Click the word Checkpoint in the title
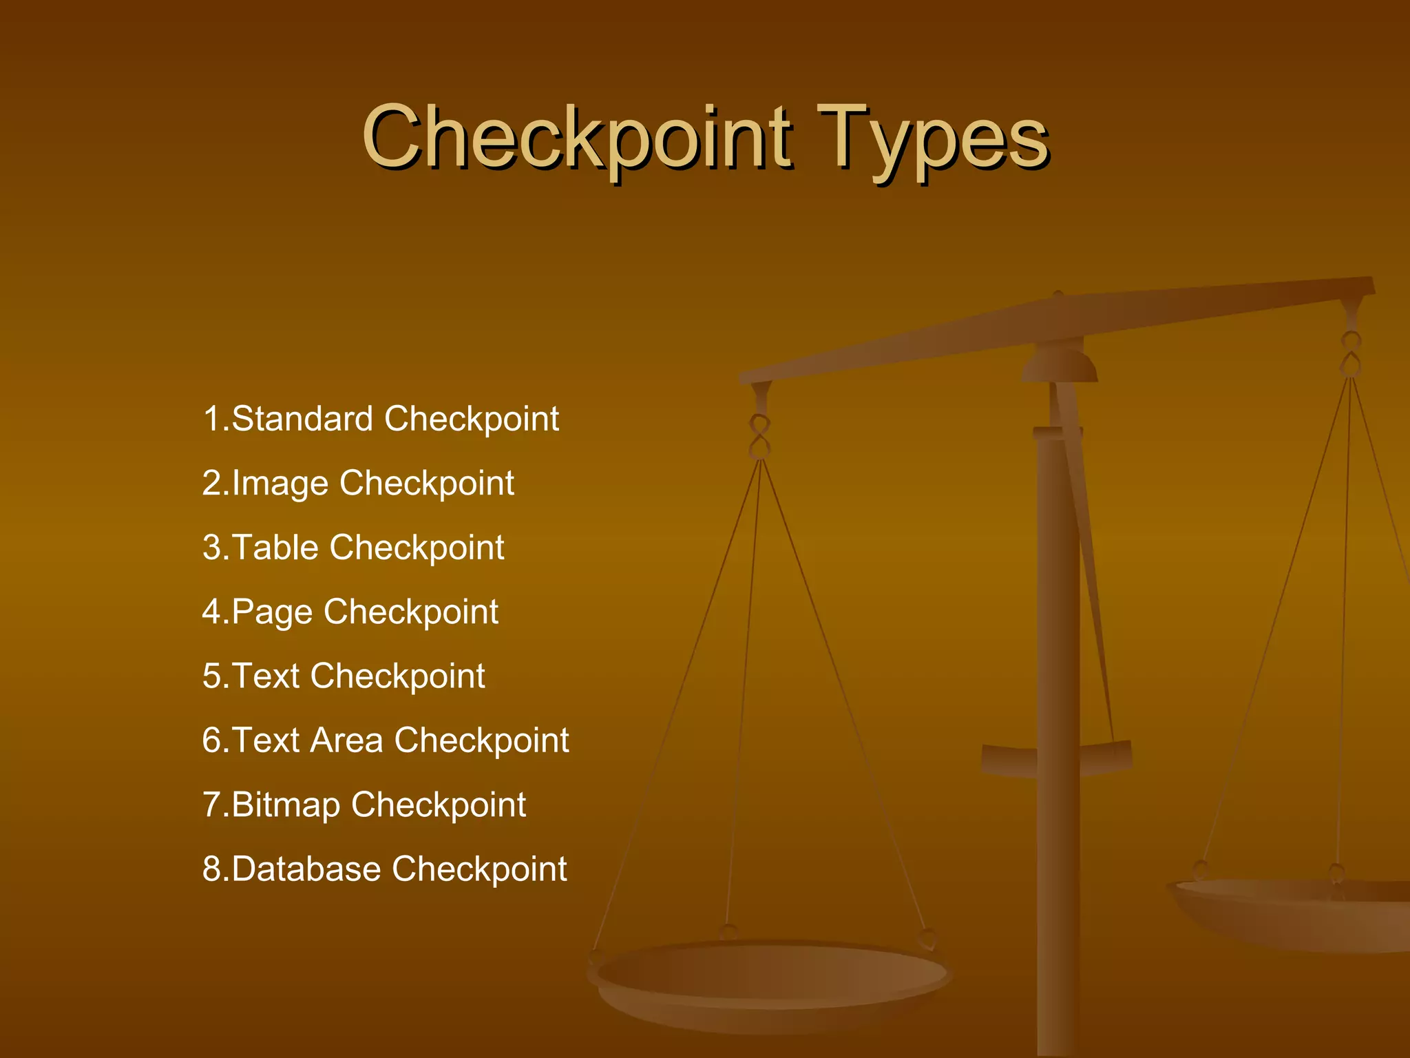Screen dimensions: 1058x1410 click(577, 138)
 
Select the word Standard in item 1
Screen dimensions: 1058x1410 click(302, 419)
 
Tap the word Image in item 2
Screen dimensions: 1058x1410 click(280, 484)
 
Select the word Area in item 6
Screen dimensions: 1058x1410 click(346, 740)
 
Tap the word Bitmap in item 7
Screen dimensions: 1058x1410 click(286, 805)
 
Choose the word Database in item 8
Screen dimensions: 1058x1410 click(306, 869)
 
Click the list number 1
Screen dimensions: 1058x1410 click(211, 419)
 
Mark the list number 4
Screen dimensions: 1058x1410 click(211, 612)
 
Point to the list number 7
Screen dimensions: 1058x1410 click(211, 805)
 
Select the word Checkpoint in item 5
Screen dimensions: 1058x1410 click(398, 676)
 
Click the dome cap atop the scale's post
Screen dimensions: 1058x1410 click(1059, 365)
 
